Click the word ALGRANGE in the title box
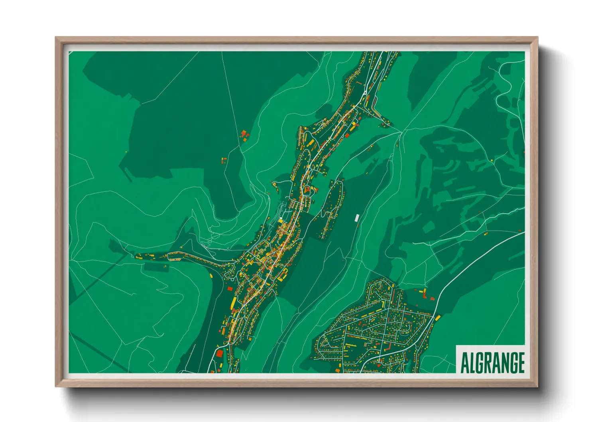[492, 362]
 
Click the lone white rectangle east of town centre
[357, 217]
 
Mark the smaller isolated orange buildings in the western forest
[224, 160]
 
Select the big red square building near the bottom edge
[219, 353]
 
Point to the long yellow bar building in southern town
[234, 302]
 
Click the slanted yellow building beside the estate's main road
[438, 318]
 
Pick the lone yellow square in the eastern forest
[492, 160]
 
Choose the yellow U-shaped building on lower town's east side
[284, 273]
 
